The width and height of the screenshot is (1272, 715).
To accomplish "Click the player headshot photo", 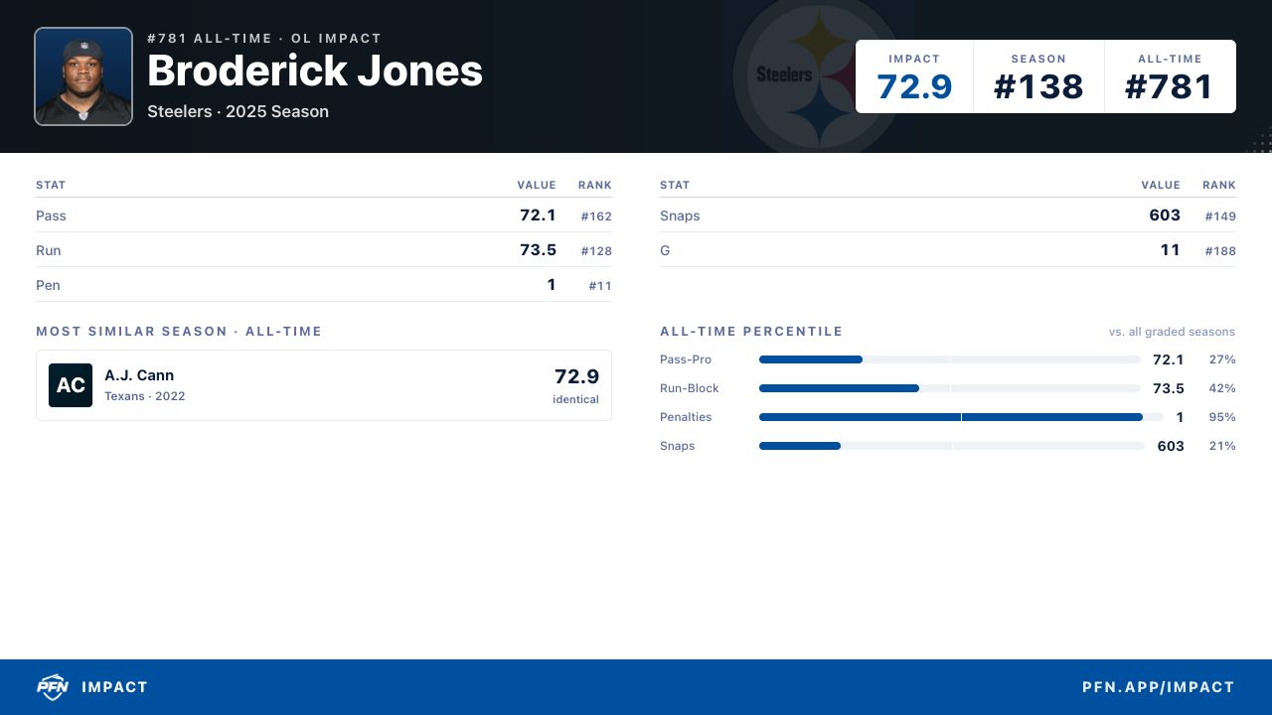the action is tap(83, 76).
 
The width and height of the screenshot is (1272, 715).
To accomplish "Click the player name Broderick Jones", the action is tap(315, 71).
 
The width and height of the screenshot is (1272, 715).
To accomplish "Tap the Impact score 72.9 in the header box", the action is tap(914, 86).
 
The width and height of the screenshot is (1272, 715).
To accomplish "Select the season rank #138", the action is tap(1038, 86).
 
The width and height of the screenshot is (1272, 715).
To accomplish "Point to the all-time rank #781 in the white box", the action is tap(1170, 86).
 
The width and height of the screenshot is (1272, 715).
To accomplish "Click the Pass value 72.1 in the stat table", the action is tap(538, 215).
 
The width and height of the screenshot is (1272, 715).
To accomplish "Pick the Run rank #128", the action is tap(596, 251).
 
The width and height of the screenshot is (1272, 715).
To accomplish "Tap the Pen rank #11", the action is tap(600, 285).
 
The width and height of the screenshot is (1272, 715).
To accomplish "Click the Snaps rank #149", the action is tap(1220, 216).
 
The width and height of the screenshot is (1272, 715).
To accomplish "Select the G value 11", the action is tap(1170, 249).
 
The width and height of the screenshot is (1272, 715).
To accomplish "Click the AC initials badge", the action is tap(71, 385).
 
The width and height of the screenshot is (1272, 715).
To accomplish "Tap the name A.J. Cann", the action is tap(139, 375).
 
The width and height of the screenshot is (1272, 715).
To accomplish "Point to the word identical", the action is tap(575, 399).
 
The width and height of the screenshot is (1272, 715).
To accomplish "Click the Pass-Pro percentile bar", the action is tap(949, 359).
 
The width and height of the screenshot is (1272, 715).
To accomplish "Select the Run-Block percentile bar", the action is tap(949, 388).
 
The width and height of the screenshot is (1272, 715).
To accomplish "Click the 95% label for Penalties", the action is tap(1222, 417).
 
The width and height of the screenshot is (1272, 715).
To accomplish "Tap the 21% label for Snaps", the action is tap(1222, 446).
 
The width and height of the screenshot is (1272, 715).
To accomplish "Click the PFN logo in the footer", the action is tap(53, 687).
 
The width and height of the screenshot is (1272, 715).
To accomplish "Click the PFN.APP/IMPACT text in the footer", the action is tap(1159, 687).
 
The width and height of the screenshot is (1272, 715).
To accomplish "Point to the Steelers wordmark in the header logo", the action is tap(784, 74).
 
